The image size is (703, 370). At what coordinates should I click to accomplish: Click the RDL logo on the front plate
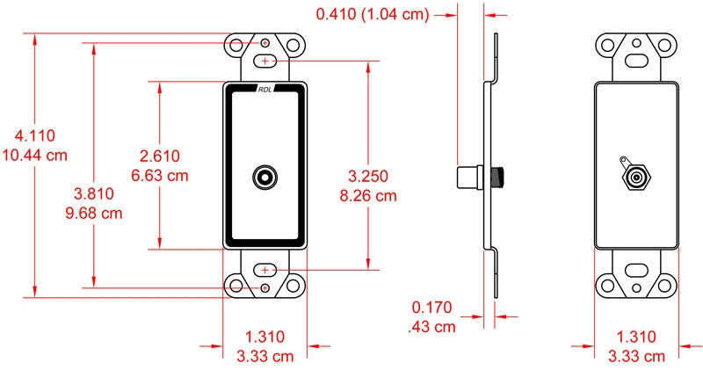pyautogui.click(x=265, y=90)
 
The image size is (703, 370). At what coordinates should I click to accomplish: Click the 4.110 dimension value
pyautogui.click(x=35, y=135)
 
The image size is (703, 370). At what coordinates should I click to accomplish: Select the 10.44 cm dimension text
pyautogui.click(x=35, y=156)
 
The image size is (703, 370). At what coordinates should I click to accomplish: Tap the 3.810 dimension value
pyautogui.click(x=94, y=193)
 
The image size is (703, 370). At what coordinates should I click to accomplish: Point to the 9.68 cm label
pyautogui.click(x=94, y=213)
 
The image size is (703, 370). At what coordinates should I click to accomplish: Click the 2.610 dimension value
pyautogui.click(x=160, y=156)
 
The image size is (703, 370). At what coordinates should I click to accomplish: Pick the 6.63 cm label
pyautogui.click(x=160, y=175)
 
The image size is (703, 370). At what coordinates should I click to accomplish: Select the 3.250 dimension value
pyautogui.click(x=368, y=177)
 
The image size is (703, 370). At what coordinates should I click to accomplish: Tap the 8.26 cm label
pyautogui.click(x=368, y=195)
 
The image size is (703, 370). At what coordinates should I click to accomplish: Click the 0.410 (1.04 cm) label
pyautogui.click(x=373, y=14)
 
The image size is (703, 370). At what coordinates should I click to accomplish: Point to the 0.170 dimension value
pyautogui.click(x=432, y=308)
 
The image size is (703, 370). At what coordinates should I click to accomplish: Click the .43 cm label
pyautogui.click(x=431, y=327)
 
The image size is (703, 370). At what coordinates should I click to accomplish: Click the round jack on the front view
pyautogui.click(x=265, y=178)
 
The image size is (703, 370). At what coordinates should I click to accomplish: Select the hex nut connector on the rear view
pyautogui.click(x=636, y=178)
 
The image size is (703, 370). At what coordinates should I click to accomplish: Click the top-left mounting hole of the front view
pyautogui.click(x=236, y=45)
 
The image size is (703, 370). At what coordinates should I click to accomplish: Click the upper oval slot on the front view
pyautogui.click(x=265, y=61)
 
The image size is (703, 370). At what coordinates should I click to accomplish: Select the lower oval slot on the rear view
pyautogui.click(x=636, y=270)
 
